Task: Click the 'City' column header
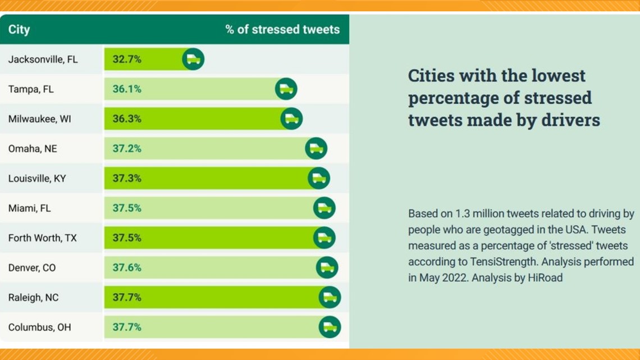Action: click(x=19, y=29)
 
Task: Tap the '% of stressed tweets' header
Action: click(x=282, y=29)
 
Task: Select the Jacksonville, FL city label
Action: click(x=43, y=59)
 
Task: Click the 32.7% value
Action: click(x=127, y=59)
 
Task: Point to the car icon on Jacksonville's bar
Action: click(x=193, y=59)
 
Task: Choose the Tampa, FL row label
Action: click(x=31, y=89)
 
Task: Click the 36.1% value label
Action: click(x=127, y=89)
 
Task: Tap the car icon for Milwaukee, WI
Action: click(x=291, y=119)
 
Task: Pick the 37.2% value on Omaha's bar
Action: click(x=127, y=149)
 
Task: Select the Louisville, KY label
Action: click(x=37, y=179)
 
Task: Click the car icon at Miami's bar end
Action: click(x=324, y=208)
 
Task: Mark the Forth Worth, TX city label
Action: click(x=43, y=238)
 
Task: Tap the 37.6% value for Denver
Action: click(x=127, y=268)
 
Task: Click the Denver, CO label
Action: click(x=32, y=268)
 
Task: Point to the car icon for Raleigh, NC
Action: click(x=330, y=297)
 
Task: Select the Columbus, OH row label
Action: click(x=40, y=327)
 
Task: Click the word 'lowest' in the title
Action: click(x=559, y=75)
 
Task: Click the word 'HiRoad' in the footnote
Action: click(x=545, y=277)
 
